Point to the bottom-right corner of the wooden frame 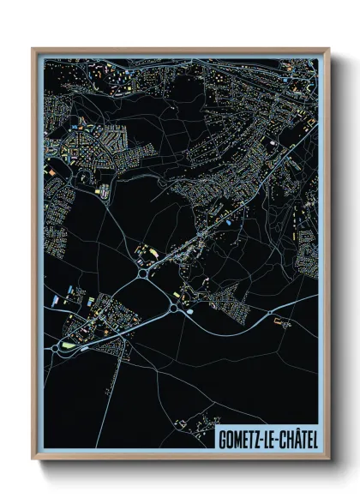tap(329, 458)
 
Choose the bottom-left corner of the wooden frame tap(33, 458)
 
